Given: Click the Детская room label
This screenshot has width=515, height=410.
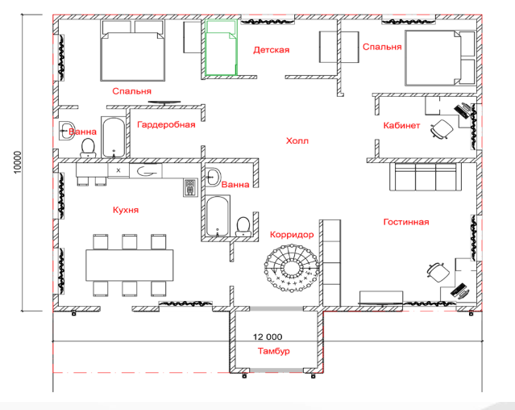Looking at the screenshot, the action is [x=272, y=50].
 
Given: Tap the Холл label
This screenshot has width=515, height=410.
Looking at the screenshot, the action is [x=297, y=141].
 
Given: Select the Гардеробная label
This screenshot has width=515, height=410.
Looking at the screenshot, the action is [x=166, y=124].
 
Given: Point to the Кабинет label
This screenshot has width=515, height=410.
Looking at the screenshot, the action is [x=401, y=125].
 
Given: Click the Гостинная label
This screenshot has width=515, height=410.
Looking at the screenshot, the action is [x=406, y=222].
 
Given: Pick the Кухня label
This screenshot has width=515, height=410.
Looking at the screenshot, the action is [x=126, y=210].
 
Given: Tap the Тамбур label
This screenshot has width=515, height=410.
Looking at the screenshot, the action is [x=273, y=351].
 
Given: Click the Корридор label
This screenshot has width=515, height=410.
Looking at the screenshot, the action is [x=292, y=234].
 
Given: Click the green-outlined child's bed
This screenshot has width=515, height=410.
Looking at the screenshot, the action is [x=221, y=48].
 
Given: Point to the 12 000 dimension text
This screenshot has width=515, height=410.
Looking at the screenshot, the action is [x=268, y=337].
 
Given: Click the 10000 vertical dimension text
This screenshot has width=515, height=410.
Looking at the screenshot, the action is [x=18, y=162].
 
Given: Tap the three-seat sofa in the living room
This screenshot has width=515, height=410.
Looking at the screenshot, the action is [x=426, y=177].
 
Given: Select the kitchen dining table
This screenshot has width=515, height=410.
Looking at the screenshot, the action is [x=130, y=266].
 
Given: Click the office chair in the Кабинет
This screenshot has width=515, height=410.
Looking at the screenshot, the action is [x=442, y=129].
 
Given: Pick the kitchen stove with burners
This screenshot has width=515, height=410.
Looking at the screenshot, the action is [x=190, y=188].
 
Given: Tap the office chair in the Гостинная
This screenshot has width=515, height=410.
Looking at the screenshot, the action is [x=438, y=273].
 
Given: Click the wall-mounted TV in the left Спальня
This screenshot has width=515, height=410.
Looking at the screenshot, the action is [x=164, y=102].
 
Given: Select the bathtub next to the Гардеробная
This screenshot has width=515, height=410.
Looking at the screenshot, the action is [x=114, y=137].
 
